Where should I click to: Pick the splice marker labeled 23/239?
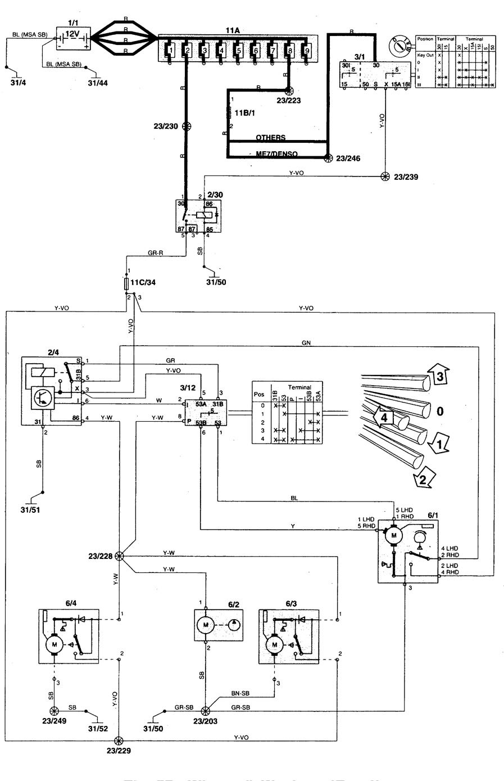(385, 176)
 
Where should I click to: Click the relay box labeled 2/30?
(197, 215)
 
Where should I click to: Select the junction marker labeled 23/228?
(119, 556)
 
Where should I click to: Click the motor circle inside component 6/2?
(206, 625)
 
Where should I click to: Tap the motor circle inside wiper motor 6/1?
(394, 535)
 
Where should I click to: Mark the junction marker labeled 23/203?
(206, 710)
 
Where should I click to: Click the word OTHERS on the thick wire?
(271, 138)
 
